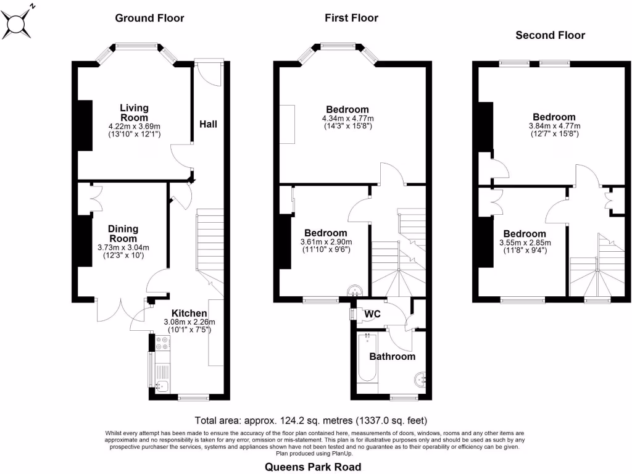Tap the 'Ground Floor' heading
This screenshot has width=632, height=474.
[149, 18]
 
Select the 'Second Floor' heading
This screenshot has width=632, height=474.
[550, 35]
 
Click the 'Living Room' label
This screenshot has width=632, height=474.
[134, 112]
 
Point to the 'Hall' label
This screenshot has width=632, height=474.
[208, 124]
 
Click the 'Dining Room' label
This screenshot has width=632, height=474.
[123, 233]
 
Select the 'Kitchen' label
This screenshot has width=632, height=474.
[189, 313]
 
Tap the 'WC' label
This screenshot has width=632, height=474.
[372, 314]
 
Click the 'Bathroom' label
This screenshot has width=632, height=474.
[392, 356]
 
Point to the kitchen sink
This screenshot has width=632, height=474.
[162, 386]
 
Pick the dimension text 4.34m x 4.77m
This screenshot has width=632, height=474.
[347, 118]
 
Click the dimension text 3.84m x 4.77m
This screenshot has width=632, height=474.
[554, 126]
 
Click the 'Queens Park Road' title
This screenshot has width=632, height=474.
[313, 467]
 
